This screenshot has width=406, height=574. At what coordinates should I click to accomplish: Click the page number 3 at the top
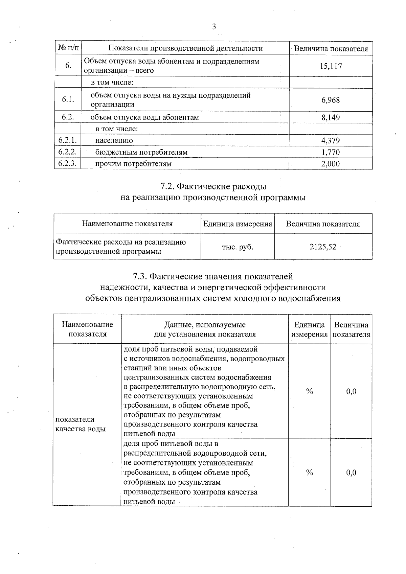(x=213, y=27)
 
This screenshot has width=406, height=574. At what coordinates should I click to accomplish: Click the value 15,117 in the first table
(x=331, y=66)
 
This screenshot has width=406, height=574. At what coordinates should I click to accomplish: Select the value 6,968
(x=331, y=100)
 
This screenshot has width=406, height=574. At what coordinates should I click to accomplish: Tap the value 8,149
(x=331, y=117)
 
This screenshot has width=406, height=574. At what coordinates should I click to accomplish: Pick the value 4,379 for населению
(x=331, y=140)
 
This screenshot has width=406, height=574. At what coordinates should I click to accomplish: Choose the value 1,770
(x=331, y=152)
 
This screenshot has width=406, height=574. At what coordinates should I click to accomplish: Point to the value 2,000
(x=331, y=164)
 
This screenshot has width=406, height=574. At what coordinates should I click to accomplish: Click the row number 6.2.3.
(x=68, y=164)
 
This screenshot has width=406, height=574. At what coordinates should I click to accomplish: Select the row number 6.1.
(x=68, y=99)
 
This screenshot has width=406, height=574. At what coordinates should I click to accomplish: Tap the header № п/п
(x=68, y=48)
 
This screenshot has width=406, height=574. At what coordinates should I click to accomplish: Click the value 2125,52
(x=323, y=247)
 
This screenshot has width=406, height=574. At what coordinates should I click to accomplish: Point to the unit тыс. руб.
(x=238, y=247)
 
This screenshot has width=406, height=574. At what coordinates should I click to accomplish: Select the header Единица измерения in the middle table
(x=238, y=224)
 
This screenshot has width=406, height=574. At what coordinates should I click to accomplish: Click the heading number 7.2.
(x=167, y=186)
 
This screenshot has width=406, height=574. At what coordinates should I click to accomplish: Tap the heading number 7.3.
(x=140, y=276)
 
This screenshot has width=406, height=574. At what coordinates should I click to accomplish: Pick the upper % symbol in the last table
(x=309, y=391)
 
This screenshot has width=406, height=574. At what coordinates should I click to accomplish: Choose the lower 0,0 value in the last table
(x=351, y=473)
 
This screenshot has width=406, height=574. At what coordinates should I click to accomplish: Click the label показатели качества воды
(x=80, y=424)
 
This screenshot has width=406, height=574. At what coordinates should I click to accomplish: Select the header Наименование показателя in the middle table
(x=127, y=224)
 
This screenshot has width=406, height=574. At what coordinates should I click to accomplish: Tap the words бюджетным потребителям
(x=141, y=152)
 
